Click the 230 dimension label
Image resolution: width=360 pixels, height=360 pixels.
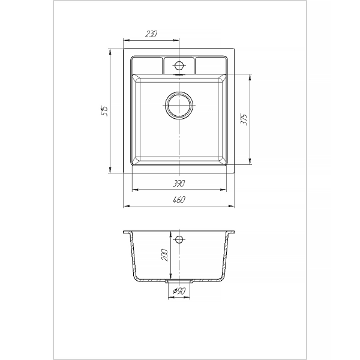[x=151, y=34]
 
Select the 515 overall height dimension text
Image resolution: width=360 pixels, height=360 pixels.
[x=104, y=111]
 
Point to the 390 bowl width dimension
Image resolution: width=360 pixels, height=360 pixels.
[x=179, y=183]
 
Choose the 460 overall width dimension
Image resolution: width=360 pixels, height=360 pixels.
[x=179, y=200]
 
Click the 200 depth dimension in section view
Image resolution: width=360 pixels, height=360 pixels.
[x=165, y=254]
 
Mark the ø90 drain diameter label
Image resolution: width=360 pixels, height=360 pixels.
[x=179, y=291]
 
